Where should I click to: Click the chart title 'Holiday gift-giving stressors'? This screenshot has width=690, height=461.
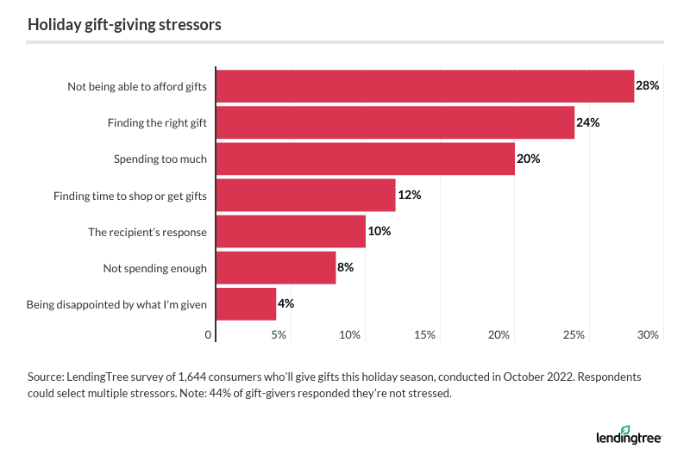point(124,24)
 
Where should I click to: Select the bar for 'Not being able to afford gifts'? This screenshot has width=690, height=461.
point(424,86)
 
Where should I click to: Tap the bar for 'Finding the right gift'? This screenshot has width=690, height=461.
point(395,122)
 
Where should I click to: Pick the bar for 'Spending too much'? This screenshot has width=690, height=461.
point(365,159)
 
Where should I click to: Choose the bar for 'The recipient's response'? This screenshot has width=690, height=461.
point(291,231)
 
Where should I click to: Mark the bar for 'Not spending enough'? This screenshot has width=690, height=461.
point(276,268)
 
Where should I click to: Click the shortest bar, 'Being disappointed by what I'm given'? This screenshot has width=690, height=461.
point(246,304)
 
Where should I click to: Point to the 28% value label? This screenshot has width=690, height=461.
point(648,86)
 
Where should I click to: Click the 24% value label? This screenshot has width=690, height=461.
point(588,122)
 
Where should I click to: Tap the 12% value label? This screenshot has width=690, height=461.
point(410,195)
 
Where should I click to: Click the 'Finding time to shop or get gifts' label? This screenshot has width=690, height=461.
point(130,196)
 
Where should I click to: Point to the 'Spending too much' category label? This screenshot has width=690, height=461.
point(160,159)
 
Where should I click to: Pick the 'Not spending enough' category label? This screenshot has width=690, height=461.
point(154,268)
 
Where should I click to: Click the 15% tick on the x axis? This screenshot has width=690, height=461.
point(425,334)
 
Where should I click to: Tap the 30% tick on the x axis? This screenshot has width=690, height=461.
point(649,334)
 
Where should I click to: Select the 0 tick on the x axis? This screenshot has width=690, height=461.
point(209,334)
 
